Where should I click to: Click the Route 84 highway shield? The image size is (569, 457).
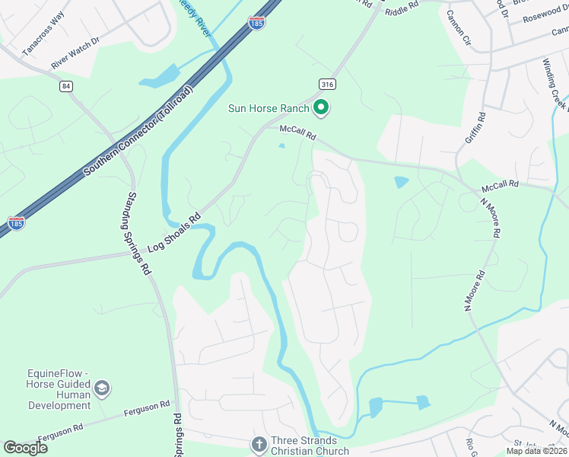coord(66,86)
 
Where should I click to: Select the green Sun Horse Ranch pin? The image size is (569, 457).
coord(321,109)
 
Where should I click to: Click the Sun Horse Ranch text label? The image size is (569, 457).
coord(269,109)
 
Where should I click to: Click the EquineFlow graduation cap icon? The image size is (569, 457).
coord(101,390)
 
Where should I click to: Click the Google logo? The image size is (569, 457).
coord(25,448)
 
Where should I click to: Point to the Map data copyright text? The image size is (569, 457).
coord(537,451)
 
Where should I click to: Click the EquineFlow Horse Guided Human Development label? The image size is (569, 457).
coord(49,389)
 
